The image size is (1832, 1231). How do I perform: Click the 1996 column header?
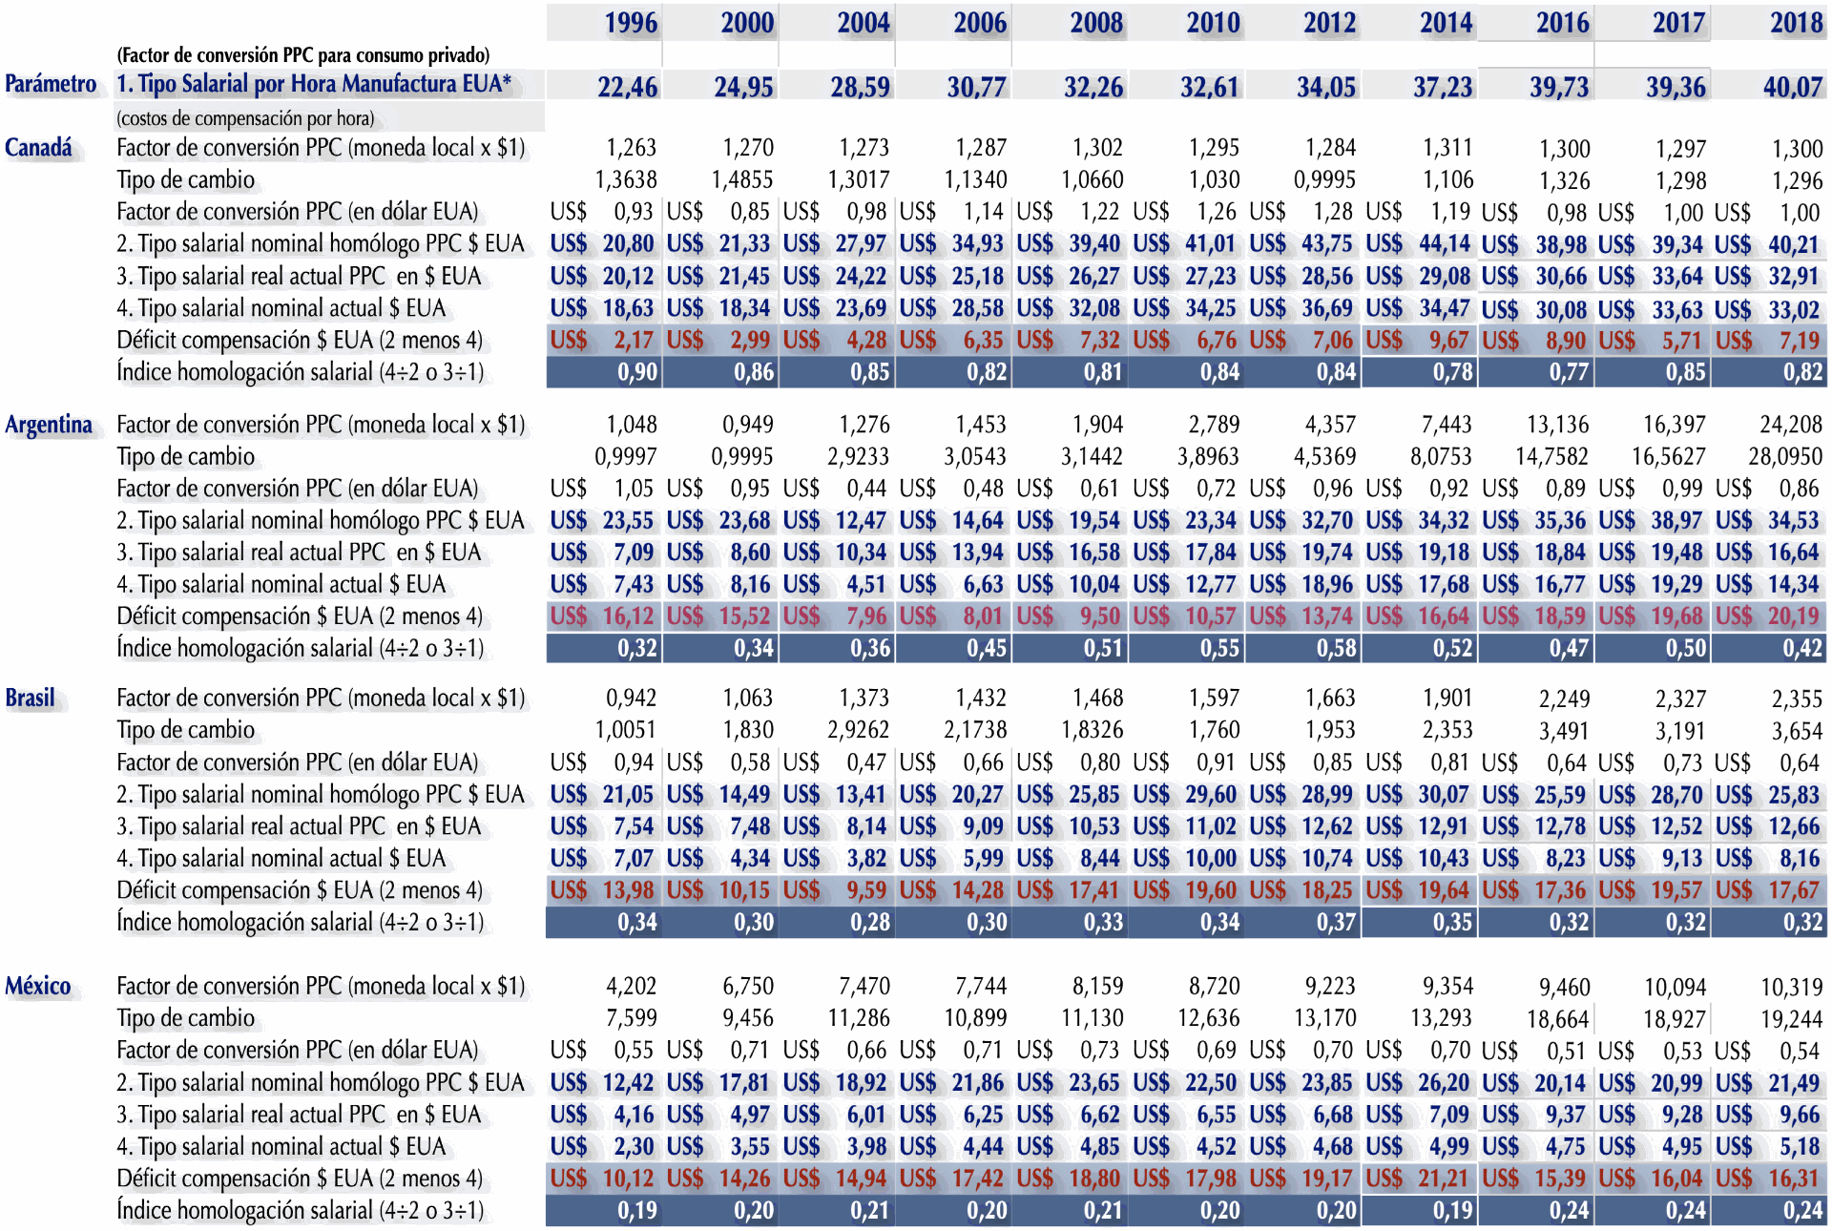[631, 23]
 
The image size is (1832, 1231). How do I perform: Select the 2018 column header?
[1797, 23]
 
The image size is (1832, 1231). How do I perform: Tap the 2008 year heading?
[1096, 23]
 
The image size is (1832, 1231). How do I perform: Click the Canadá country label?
[38, 148]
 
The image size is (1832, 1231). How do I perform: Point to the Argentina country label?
[49, 425]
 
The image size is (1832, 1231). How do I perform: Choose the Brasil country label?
[31, 699]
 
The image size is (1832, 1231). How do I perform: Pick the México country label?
[38, 987]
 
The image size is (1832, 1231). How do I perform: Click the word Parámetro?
[51, 84]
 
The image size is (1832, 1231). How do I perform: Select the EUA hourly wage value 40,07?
[1793, 88]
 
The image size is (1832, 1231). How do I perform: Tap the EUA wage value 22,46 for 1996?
[627, 88]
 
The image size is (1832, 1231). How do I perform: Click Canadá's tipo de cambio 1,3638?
[626, 180]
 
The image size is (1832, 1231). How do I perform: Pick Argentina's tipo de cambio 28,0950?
[1785, 457]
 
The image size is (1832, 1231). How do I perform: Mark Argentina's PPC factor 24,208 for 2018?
[1791, 425]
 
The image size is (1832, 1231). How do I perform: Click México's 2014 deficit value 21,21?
[1444, 1179]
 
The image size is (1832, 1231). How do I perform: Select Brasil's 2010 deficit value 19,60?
[1211, 890]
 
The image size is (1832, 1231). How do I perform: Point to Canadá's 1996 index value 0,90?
[637, 372]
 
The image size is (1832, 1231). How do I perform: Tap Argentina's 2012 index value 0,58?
[1336, 649]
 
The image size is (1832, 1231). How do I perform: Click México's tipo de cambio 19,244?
[1791, 1019]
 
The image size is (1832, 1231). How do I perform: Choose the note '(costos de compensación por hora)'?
[245, 119]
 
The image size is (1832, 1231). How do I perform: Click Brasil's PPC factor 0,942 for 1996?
[632, 699]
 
